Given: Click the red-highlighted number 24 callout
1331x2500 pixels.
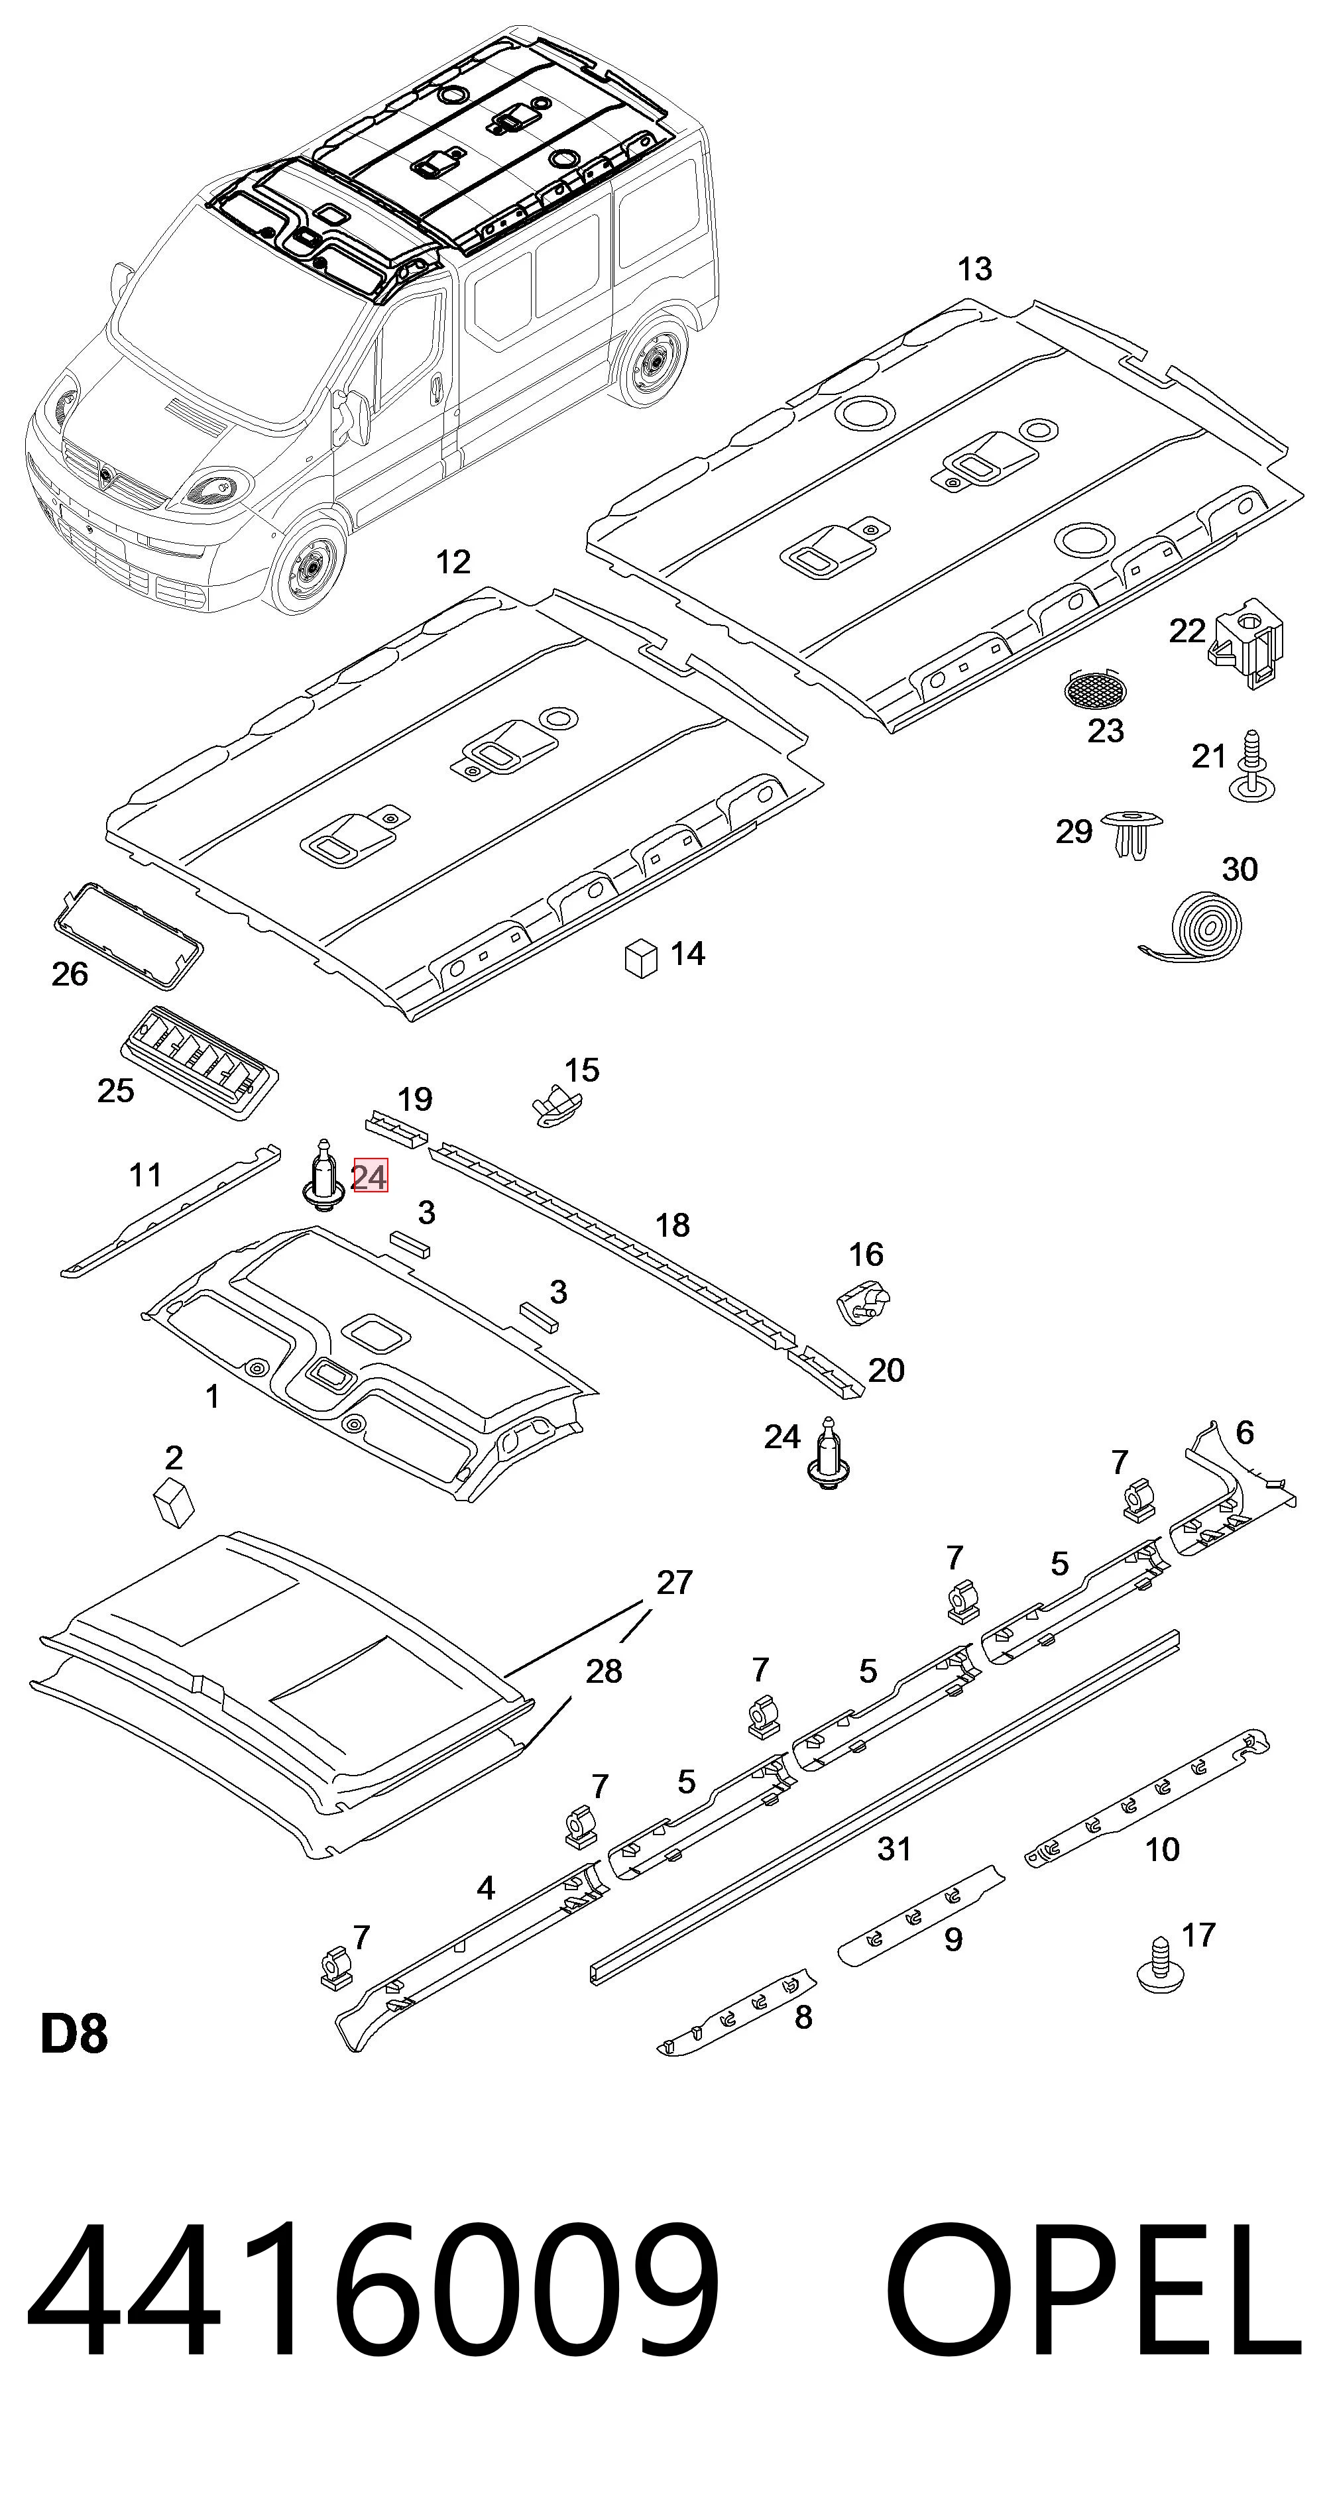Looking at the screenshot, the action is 369,1177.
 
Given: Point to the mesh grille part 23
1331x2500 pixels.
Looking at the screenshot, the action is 1091,688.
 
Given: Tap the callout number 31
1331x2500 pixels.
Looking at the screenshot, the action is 894,1848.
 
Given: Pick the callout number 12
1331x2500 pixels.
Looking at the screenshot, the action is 453,562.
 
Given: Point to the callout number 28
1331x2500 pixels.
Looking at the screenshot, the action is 603,1670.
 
